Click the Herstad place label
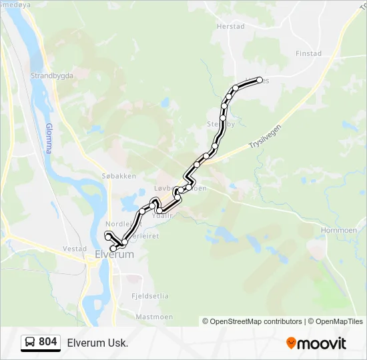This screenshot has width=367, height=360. (x=231, y=27)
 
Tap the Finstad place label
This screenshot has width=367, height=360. (x=308, y=53)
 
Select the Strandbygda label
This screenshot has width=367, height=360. (x=51, y=76)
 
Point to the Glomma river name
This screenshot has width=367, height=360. (x=49, y=138)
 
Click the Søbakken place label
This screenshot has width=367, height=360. (x=119, y=176)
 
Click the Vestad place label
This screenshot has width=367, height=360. (x=75, y=249)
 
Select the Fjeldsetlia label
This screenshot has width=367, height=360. (x=149, y=295)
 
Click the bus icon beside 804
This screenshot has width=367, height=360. (x=30, y=343)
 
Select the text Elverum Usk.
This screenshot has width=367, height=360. (x=97, y=343)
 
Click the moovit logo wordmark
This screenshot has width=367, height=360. (x=322, y=343)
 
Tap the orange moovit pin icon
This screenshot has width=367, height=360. (x=291, y=343)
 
